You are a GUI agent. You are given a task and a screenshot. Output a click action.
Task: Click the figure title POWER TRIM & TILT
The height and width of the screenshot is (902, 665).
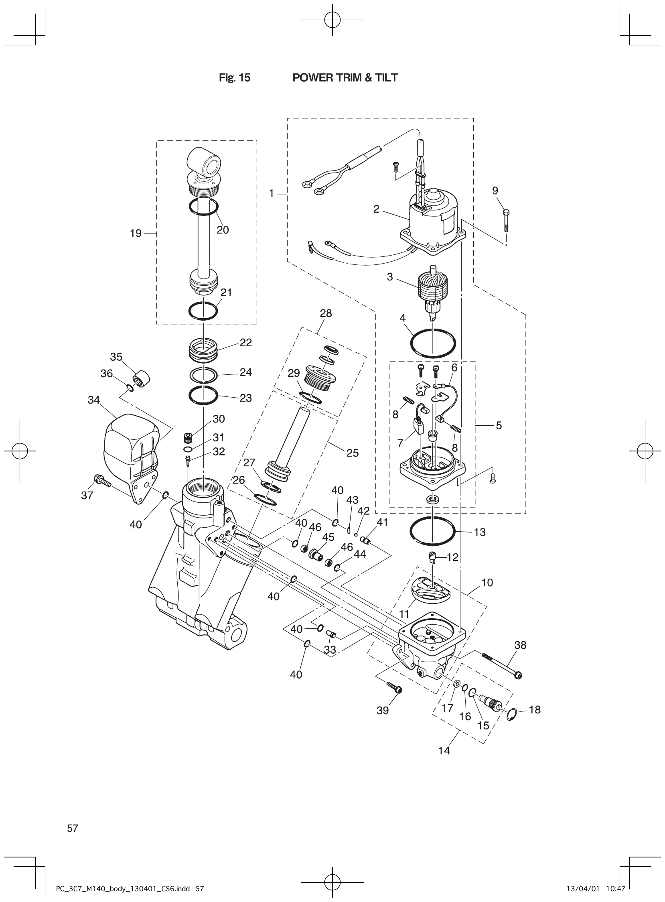click(x=345, y=78)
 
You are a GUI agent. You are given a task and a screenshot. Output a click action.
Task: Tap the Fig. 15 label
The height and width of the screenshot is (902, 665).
click(x=234, y=78)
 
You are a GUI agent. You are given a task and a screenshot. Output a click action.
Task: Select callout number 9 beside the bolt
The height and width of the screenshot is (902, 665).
click(x=495, y=191)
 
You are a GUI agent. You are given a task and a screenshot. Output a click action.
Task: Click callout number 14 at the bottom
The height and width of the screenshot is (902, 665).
click(x=444, y=750)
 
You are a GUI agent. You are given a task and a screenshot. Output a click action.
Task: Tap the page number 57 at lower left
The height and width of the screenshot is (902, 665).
click(x=73, y=817)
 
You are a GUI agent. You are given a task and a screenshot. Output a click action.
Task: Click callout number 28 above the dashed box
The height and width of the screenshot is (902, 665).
click(x=326, y=313)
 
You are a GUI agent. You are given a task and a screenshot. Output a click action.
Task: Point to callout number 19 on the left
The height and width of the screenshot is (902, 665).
click(x=136, y=233)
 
